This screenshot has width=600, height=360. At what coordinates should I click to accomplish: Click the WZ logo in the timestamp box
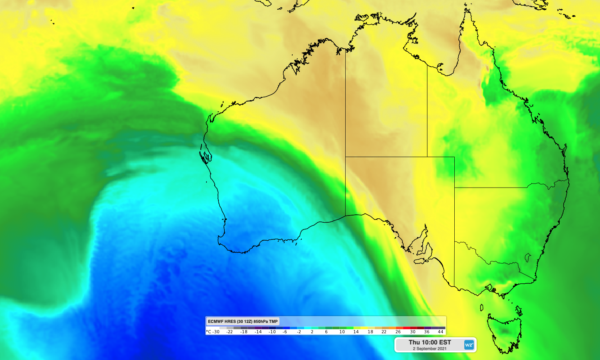tap(469, 345)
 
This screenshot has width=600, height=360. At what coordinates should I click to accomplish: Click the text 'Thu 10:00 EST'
tap(430, 342)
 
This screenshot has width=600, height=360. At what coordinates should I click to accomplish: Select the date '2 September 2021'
tap(430, 349)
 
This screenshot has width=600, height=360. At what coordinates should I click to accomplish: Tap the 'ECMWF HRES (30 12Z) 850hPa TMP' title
tap(242, 321)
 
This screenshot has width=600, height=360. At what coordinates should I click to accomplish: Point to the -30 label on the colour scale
tap(216, 332)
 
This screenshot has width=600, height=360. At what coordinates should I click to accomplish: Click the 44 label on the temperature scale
tap(440, 332)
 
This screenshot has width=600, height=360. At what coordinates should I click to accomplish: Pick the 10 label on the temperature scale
tap(342, 332)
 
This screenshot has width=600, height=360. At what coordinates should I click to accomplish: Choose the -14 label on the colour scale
tap(258, 332)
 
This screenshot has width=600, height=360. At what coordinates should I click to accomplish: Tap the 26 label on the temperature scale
tap(398, 332)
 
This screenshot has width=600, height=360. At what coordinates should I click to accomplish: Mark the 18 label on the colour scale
tap(370, 332)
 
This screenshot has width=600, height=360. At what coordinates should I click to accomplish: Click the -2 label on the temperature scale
tap(299, 332)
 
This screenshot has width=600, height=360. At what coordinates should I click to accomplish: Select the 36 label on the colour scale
tap(427, 332)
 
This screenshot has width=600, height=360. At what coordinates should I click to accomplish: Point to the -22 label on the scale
tap(230, 332)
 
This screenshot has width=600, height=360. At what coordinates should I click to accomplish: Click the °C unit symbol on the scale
tap(208, 332)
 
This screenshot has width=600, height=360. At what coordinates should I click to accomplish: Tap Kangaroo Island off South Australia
tap(423, 261)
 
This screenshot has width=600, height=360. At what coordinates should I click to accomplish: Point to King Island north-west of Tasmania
tap(481, 307)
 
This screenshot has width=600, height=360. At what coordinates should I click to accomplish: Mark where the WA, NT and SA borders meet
tap(345, 157)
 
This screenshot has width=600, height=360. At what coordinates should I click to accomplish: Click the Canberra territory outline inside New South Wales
tap(528, 257)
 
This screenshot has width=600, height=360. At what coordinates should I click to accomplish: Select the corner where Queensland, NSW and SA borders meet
tap(454, 188)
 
